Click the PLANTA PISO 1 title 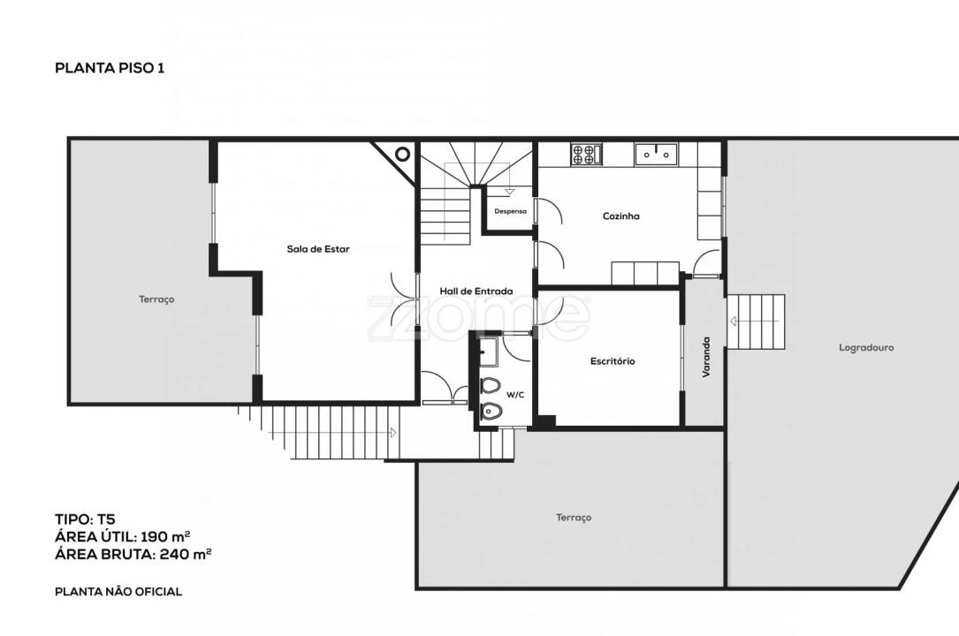click(x=110, y=68)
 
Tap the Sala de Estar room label click(x=318, y=248)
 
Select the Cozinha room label click(x=620, y=216)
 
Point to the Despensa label click(x=510, y=211)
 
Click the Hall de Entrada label click(x=476, y=291)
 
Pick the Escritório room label click(x=613, y=361)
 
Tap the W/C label click(x=515, y=395)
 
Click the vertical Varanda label click(x=706, y=357)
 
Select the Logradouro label click(x=866, y=348)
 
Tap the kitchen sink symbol click(x=656, y=154)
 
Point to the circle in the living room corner click(x=402, y=154)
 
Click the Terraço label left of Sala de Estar click(x=156, y=299)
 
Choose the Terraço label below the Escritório click(x=574, y=518)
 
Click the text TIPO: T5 click(x=85, y=519)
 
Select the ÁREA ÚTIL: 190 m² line click(x=122, y=537)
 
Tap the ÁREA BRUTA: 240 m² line click(x=133, y=554)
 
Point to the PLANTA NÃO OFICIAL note click(x=118, y=592)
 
